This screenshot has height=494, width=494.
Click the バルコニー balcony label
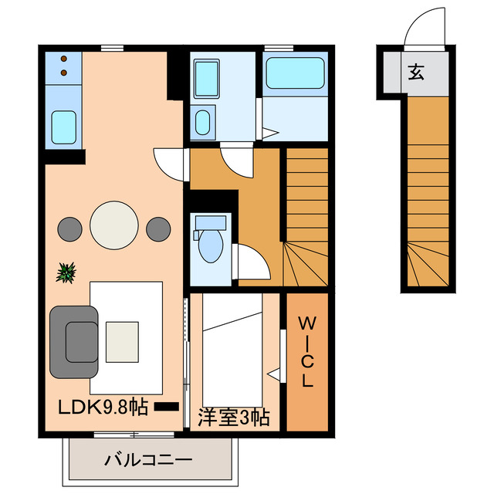pos(147,461)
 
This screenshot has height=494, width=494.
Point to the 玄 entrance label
pos(415,73)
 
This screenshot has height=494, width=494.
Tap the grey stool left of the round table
pos(69,228)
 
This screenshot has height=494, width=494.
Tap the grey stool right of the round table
pos(157,228)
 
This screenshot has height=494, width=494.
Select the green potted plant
pos(67,272)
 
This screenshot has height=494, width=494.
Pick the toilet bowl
pos(210,246)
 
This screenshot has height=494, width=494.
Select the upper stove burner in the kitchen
pos(63,59)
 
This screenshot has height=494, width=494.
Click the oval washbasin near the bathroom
pos(202,121)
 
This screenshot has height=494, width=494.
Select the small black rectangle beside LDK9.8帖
pos(166,406)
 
